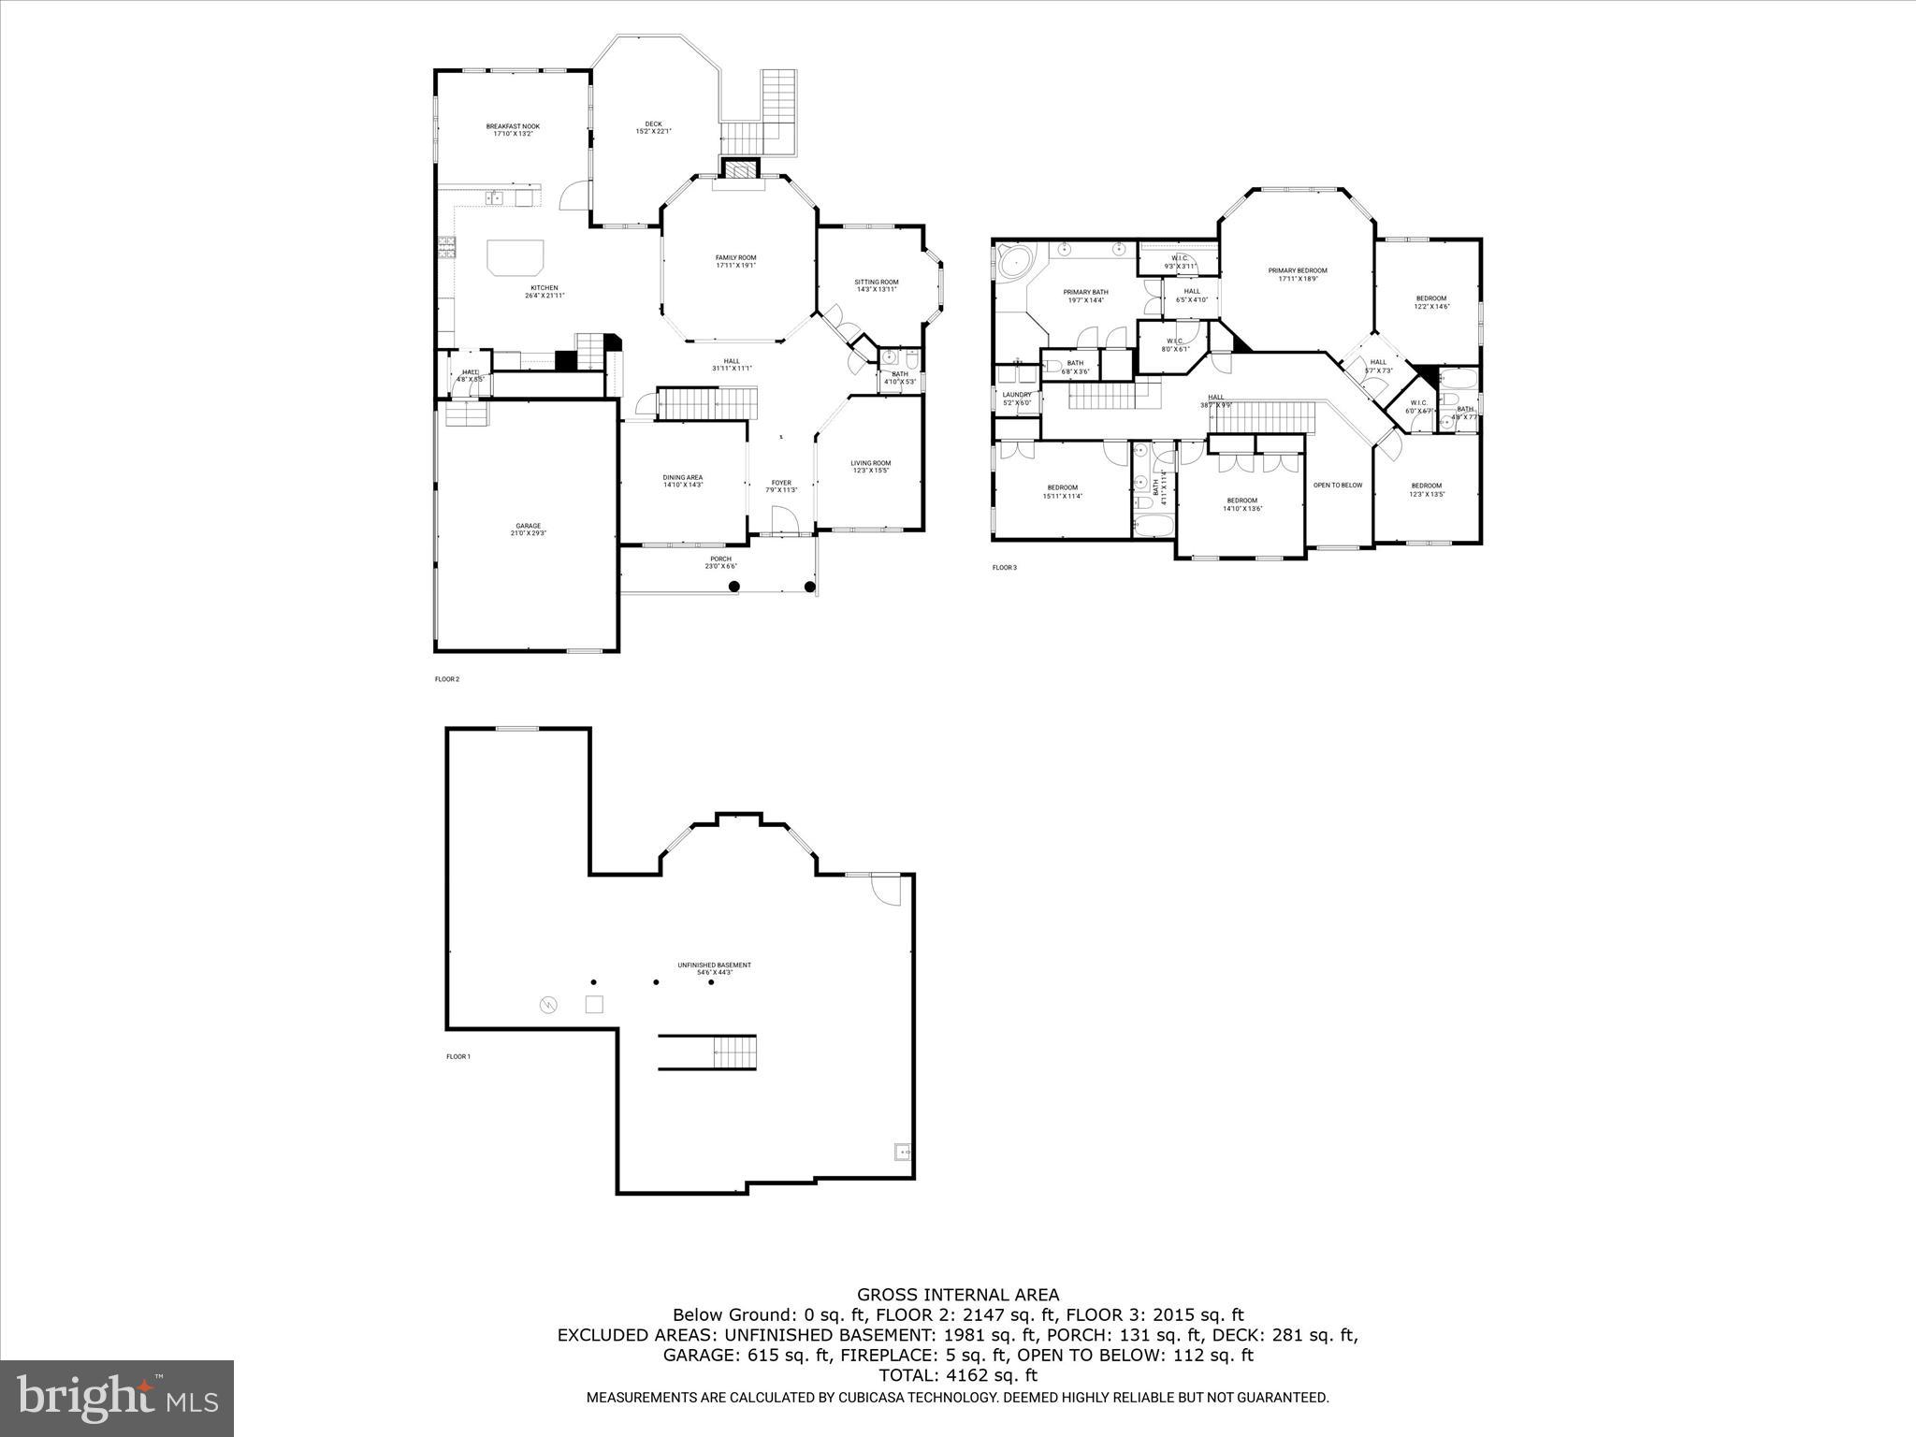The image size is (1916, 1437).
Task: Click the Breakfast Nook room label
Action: [x=512, y=130]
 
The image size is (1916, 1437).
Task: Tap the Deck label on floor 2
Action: [x=653, y=127]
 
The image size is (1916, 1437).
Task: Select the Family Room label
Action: [x=735, y=261]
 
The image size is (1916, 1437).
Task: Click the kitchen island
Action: [x=515, y=256]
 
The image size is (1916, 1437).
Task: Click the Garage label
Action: [x=528, y=530]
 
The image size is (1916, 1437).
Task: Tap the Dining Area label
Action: [x=682, y=481]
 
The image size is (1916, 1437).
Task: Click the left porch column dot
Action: [x=734, y=587]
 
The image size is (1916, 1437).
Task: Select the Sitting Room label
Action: [x=876, y=285]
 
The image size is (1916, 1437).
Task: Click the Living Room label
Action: [x=870, y=466]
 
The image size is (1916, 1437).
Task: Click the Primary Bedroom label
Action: [x=1297, y=274]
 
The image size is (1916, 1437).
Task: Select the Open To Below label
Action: [x=1338, y=485]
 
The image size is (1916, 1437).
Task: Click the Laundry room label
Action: [x=1016, y=399]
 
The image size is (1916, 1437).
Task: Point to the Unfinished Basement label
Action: [x=714, y=968]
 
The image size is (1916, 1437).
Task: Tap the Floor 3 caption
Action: [x=1004, y=567]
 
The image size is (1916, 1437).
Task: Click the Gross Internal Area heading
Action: [x=958, y=1295]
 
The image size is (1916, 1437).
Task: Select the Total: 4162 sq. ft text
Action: [x=958, y=1375]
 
